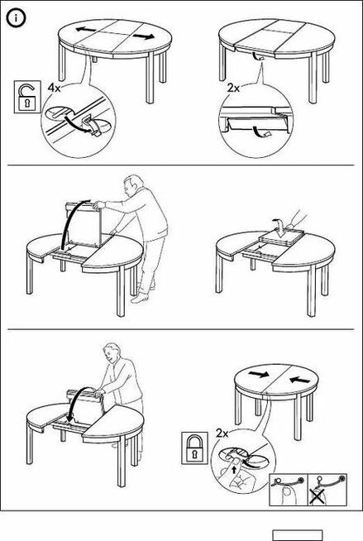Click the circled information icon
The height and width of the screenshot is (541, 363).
16,19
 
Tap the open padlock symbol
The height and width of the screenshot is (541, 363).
25,97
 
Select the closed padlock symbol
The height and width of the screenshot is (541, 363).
194,448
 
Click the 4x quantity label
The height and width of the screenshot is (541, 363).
54,89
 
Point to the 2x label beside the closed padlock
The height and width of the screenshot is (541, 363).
222,433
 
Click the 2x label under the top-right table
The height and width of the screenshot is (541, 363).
233,89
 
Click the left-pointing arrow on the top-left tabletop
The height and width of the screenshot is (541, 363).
85,30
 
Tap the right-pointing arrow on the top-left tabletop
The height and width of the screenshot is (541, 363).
143,36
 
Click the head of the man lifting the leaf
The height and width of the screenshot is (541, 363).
131,185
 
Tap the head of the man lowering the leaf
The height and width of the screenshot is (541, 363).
112,352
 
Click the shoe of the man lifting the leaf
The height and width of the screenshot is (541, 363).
139,298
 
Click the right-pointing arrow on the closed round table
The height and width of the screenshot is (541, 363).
260,374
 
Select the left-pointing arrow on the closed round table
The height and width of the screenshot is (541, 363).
299,380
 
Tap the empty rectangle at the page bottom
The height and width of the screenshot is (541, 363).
298,535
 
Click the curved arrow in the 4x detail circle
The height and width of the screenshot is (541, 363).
77,123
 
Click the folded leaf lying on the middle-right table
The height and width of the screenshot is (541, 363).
282,237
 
